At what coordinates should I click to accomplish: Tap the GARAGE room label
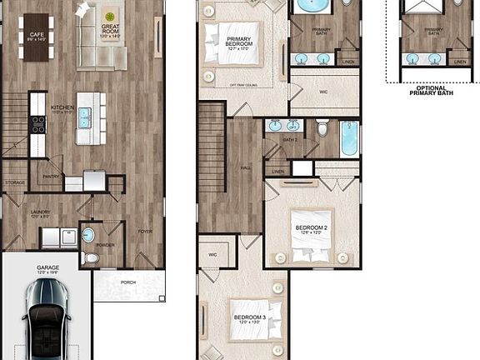tap(47, 269)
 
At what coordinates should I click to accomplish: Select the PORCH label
tap(127, 282)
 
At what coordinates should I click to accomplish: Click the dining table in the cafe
tap(36, 37)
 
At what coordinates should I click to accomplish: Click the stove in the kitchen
tap(37, 124)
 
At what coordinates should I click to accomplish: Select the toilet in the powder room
tap(91, 257)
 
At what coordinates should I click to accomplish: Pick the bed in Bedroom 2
tap(310, 237)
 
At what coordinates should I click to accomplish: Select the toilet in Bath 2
tap(321, 129)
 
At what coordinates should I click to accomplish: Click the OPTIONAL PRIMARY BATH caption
tap(432, 90)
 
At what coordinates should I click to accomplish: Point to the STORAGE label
tap(14, 182)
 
